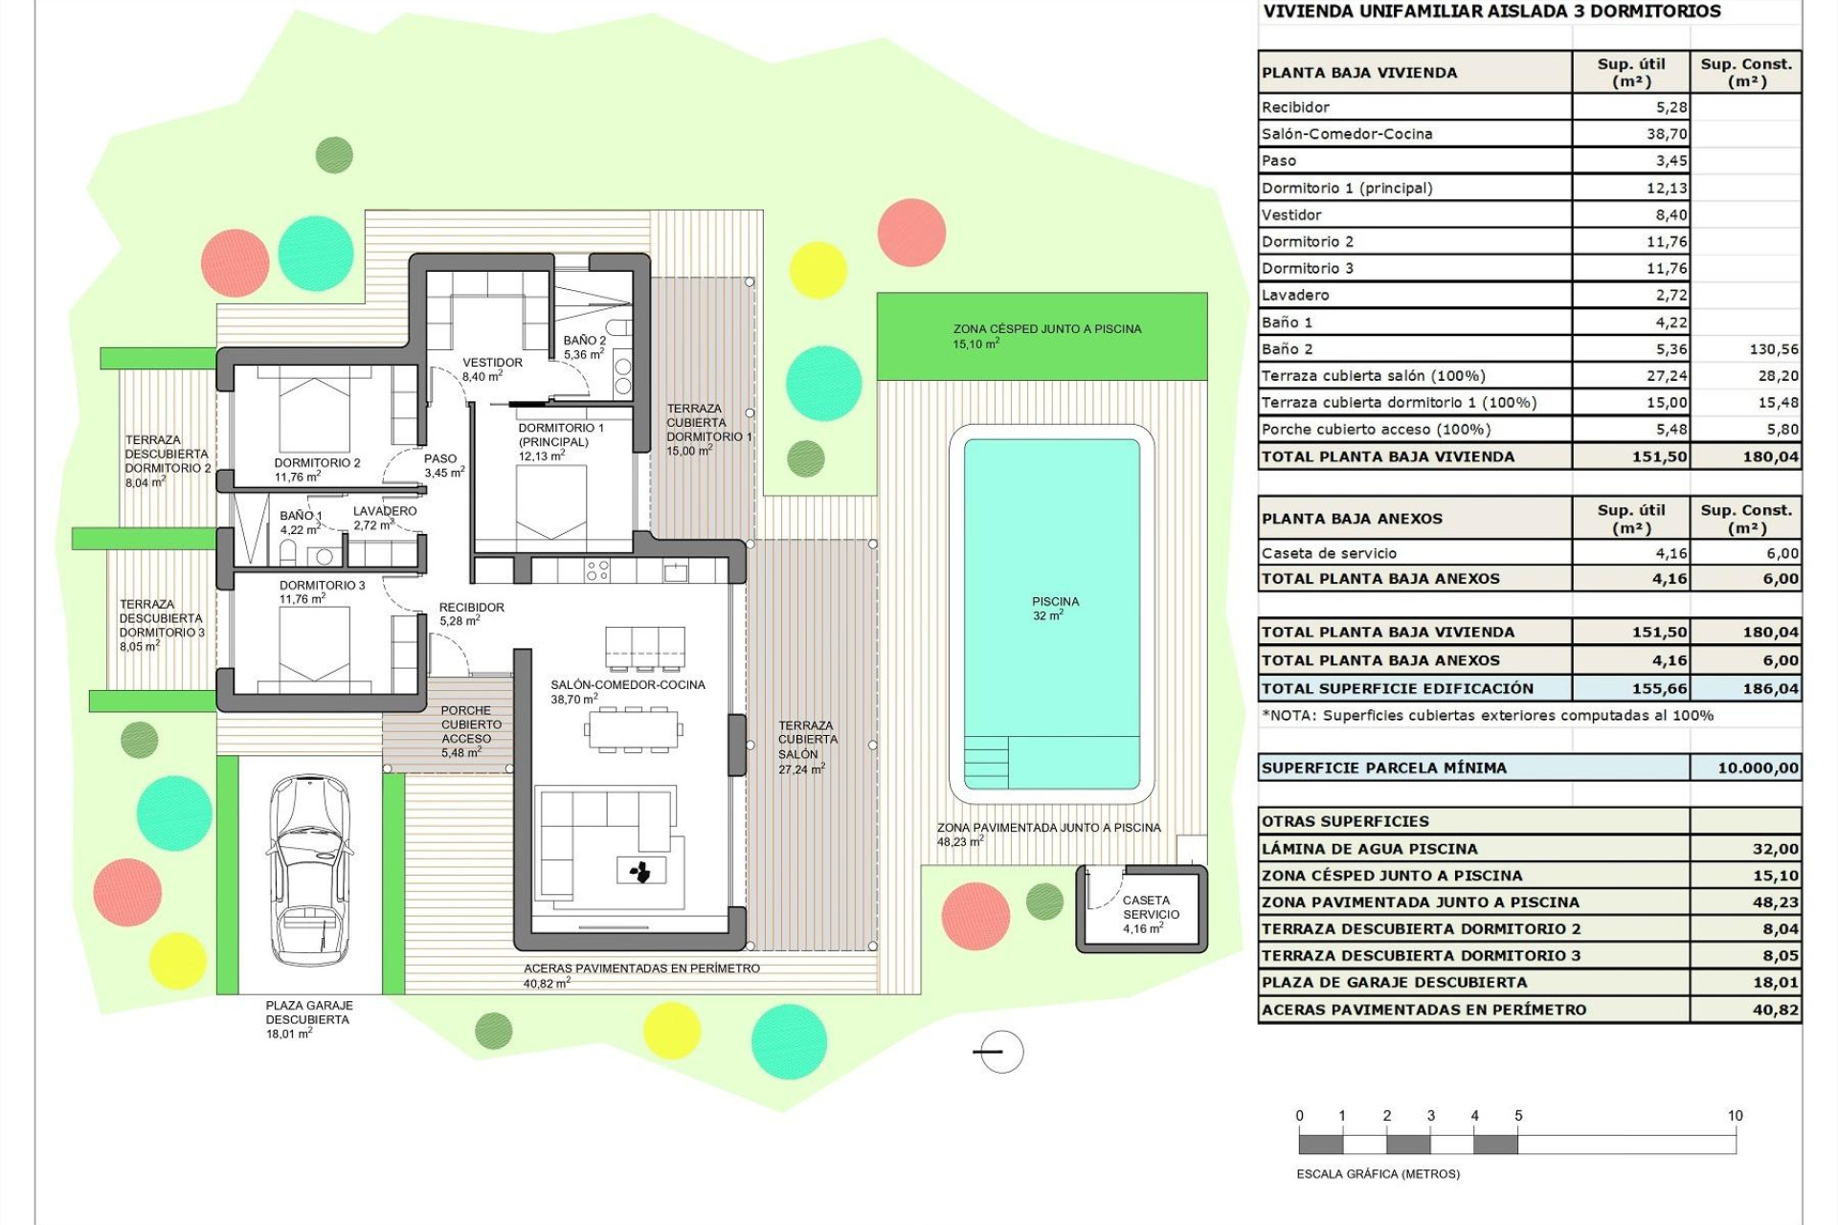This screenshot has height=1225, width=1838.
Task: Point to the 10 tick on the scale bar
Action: point(1735,1116)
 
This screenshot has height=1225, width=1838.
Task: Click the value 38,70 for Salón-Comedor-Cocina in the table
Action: point(1667,134)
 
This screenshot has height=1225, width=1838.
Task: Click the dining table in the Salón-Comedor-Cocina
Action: point(634,730)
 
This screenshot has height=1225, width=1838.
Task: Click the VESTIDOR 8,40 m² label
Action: point(492,369)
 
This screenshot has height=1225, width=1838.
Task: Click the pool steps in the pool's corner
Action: point(986,761)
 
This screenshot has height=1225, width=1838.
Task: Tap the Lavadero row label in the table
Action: point(1295,295)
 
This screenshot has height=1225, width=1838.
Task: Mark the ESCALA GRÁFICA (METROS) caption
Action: point(1378,1173)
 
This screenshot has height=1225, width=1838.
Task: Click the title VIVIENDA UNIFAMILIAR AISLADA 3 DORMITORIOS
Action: point(1491,11)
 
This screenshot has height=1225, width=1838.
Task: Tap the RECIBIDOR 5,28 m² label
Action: point(471,613)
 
